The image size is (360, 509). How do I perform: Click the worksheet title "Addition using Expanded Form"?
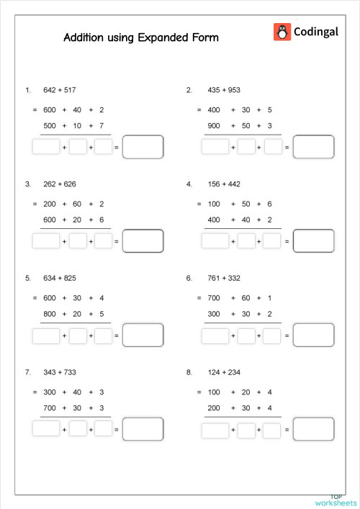(140, 37)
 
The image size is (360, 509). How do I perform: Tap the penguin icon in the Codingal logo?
(282, 32)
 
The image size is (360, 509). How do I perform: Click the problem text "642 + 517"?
(59, 90)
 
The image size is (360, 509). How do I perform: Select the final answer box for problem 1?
(143, 147)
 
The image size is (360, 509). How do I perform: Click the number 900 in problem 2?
(214, 126)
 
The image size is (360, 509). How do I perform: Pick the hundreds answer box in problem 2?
(215, 147)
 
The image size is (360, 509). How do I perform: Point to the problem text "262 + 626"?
(59, 184)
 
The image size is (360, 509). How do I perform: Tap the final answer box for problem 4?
(313, 240)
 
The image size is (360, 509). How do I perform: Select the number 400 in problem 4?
(214, 220)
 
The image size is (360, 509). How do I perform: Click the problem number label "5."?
(28, 277)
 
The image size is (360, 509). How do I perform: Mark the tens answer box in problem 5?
(78, 335)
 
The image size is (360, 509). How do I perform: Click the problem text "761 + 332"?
(224, 277)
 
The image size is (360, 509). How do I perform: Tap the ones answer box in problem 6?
(271, 335)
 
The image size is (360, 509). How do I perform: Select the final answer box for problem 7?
(143, 429)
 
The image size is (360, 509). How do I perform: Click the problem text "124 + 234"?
(224, 372)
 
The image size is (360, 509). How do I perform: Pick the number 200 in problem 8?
(214, 408)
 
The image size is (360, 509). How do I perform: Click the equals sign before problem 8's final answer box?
(287, 430)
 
